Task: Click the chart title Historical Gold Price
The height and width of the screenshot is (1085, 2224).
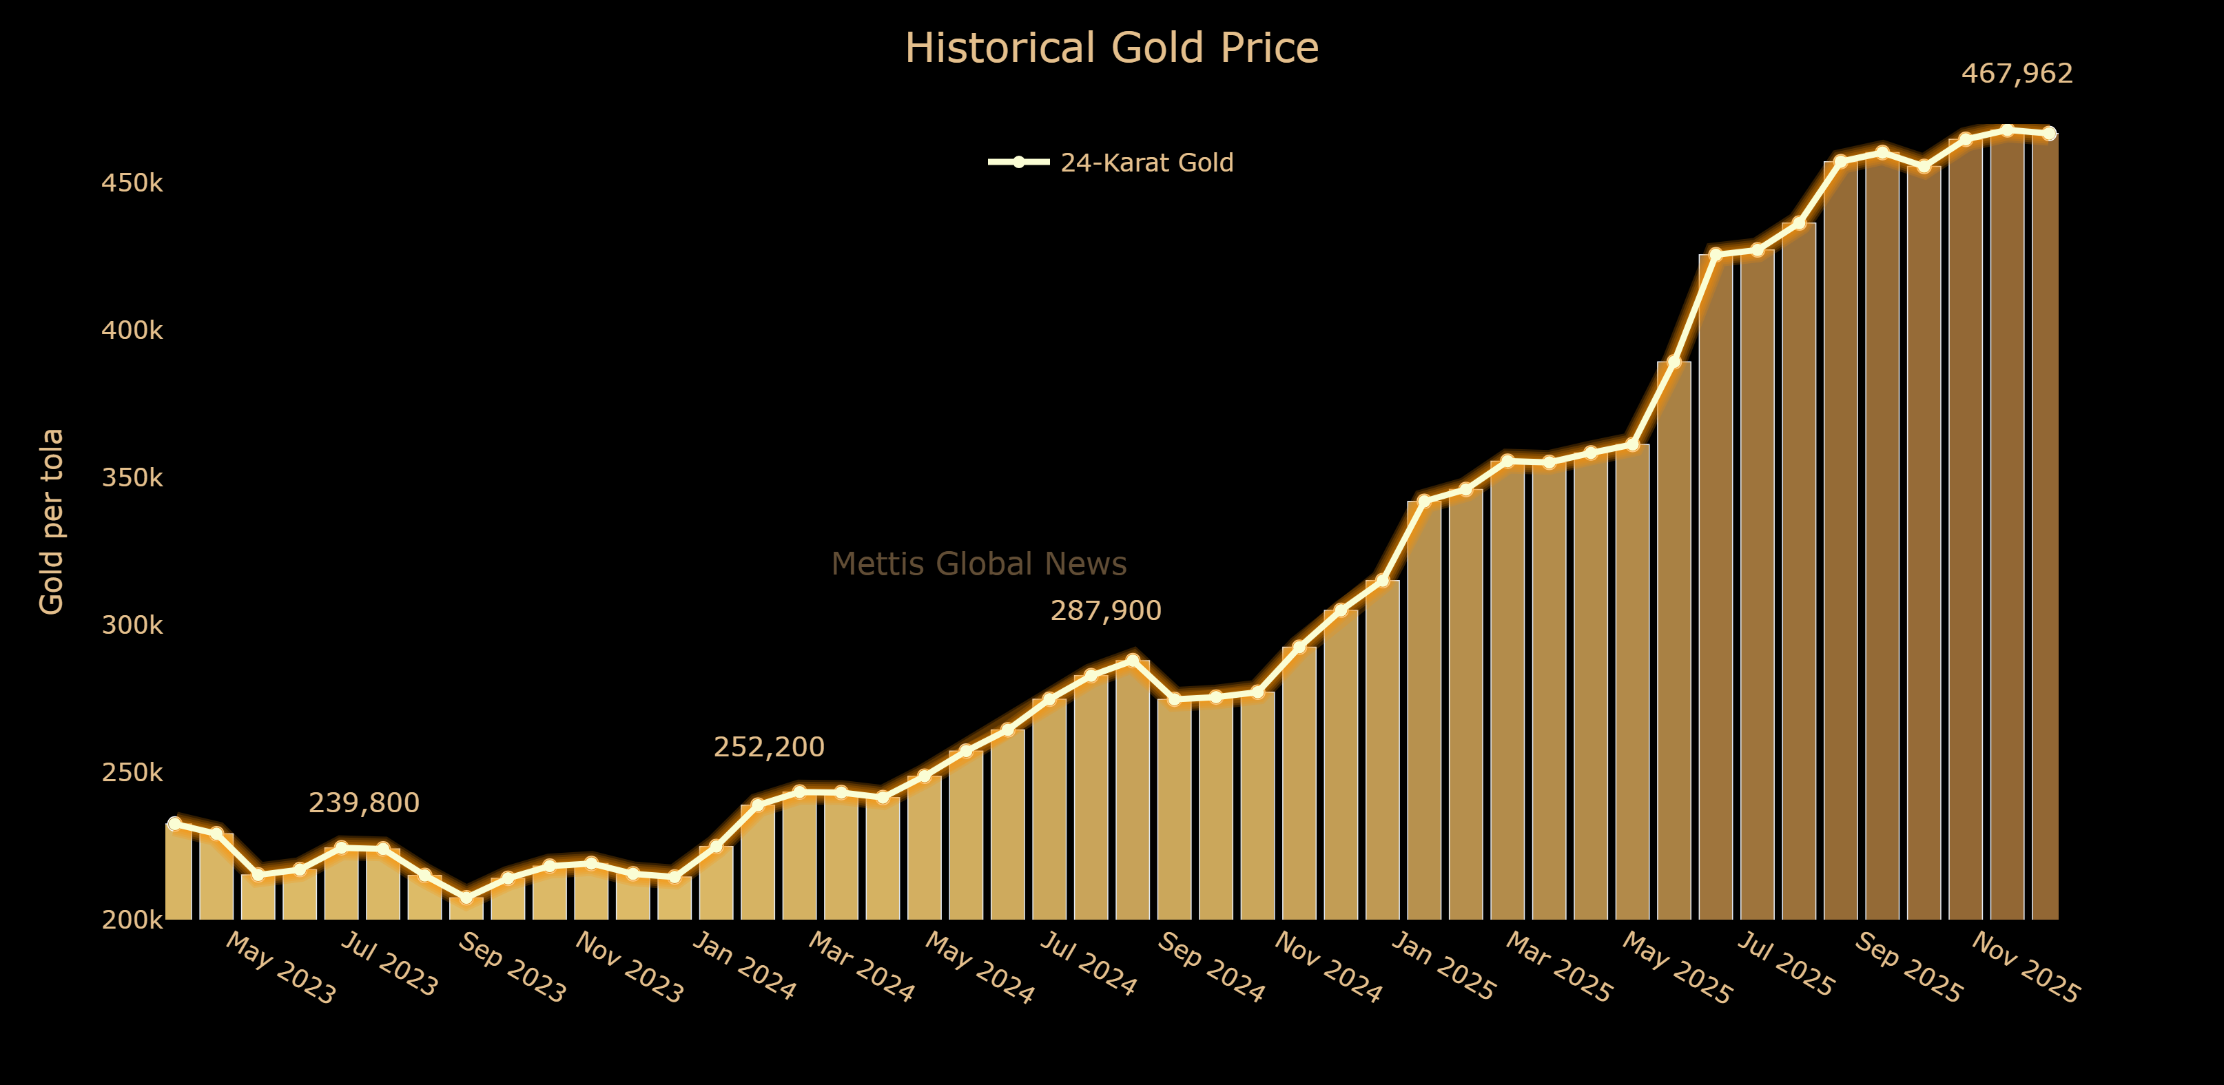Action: click(1111, 48)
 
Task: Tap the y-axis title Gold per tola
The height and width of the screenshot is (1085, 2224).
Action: click(52, 521)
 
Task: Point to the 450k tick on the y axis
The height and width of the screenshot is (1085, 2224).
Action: click(132, 183)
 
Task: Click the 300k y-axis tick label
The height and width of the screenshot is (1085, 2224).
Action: click(132, 625)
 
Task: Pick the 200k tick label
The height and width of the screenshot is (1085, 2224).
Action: click(132, 920)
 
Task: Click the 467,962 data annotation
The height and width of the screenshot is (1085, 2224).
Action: click(2017, 74)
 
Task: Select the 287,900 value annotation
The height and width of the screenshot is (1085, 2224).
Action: click(1105, 611)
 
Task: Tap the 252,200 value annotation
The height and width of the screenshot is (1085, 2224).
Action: click(768, 747)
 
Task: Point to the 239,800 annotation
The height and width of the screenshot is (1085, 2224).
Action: click(364, 803)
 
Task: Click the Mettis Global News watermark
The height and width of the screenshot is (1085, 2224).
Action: click(978, 564)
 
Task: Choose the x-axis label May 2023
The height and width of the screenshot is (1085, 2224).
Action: click(280, 969)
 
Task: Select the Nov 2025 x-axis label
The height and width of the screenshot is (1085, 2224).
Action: click(2025, 969)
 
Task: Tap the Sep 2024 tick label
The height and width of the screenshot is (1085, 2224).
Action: click(1211, 968)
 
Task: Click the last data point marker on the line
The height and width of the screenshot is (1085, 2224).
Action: click(2049, 134)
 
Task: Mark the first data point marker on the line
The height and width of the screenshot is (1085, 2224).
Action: click(174, 823)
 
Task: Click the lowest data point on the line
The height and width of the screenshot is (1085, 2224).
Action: click(466, 898)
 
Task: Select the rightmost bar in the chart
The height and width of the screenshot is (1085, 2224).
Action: click(2044, 526)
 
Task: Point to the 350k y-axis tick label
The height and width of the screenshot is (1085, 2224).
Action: click(132, 477)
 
